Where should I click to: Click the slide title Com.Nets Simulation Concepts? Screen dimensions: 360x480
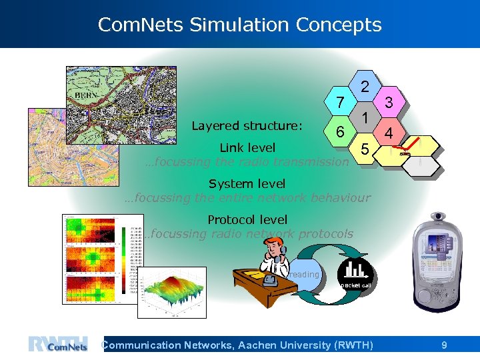pos(239,25)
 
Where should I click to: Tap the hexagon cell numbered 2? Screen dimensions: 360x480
pos(364,86)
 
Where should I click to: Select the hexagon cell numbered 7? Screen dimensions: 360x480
pos(340,102)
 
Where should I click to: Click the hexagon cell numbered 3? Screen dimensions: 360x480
pos(389,102)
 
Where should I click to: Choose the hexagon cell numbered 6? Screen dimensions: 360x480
pos(340,131)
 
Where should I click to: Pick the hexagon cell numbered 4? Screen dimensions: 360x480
pos(389,133)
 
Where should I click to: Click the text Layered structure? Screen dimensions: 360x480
pos(247,126)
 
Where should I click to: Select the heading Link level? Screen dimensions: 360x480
pos(247,147)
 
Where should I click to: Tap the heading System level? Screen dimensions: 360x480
pos(247,183)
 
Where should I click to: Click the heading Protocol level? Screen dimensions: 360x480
pos(247,219)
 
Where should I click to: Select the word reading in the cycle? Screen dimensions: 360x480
pos(304,274)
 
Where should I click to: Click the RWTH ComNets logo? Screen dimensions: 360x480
pos(59,344)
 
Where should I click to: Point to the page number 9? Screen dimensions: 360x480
pos(444,345)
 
